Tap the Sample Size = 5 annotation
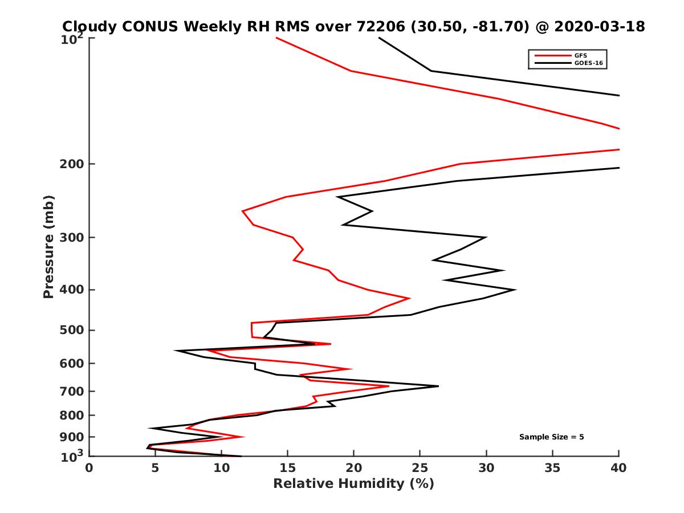click(x=551, y=437)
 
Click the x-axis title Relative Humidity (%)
click(x=353, y=484)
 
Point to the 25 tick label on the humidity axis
click(x=420, y=468)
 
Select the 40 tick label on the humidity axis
click(x=618, y=468)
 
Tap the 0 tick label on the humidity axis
click(x=89, y=468)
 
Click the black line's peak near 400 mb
click(x=515, y=290)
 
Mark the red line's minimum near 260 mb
click(x=243, y=211)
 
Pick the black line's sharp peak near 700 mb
click(x=438, y=386)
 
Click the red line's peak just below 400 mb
click(x=409, y=298)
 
